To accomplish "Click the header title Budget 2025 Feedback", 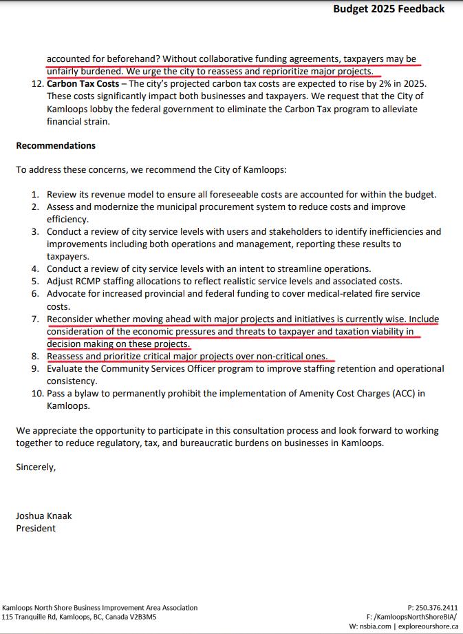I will tap(389, 9).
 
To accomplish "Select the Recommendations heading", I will tap(56, 146).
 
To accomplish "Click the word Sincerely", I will tap(36, 467).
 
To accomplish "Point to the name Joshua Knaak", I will tap(44, 516).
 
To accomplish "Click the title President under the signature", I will tap(36, 528).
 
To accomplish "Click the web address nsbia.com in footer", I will tap(376, 626).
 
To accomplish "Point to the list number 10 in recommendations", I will tap(36, 394).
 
